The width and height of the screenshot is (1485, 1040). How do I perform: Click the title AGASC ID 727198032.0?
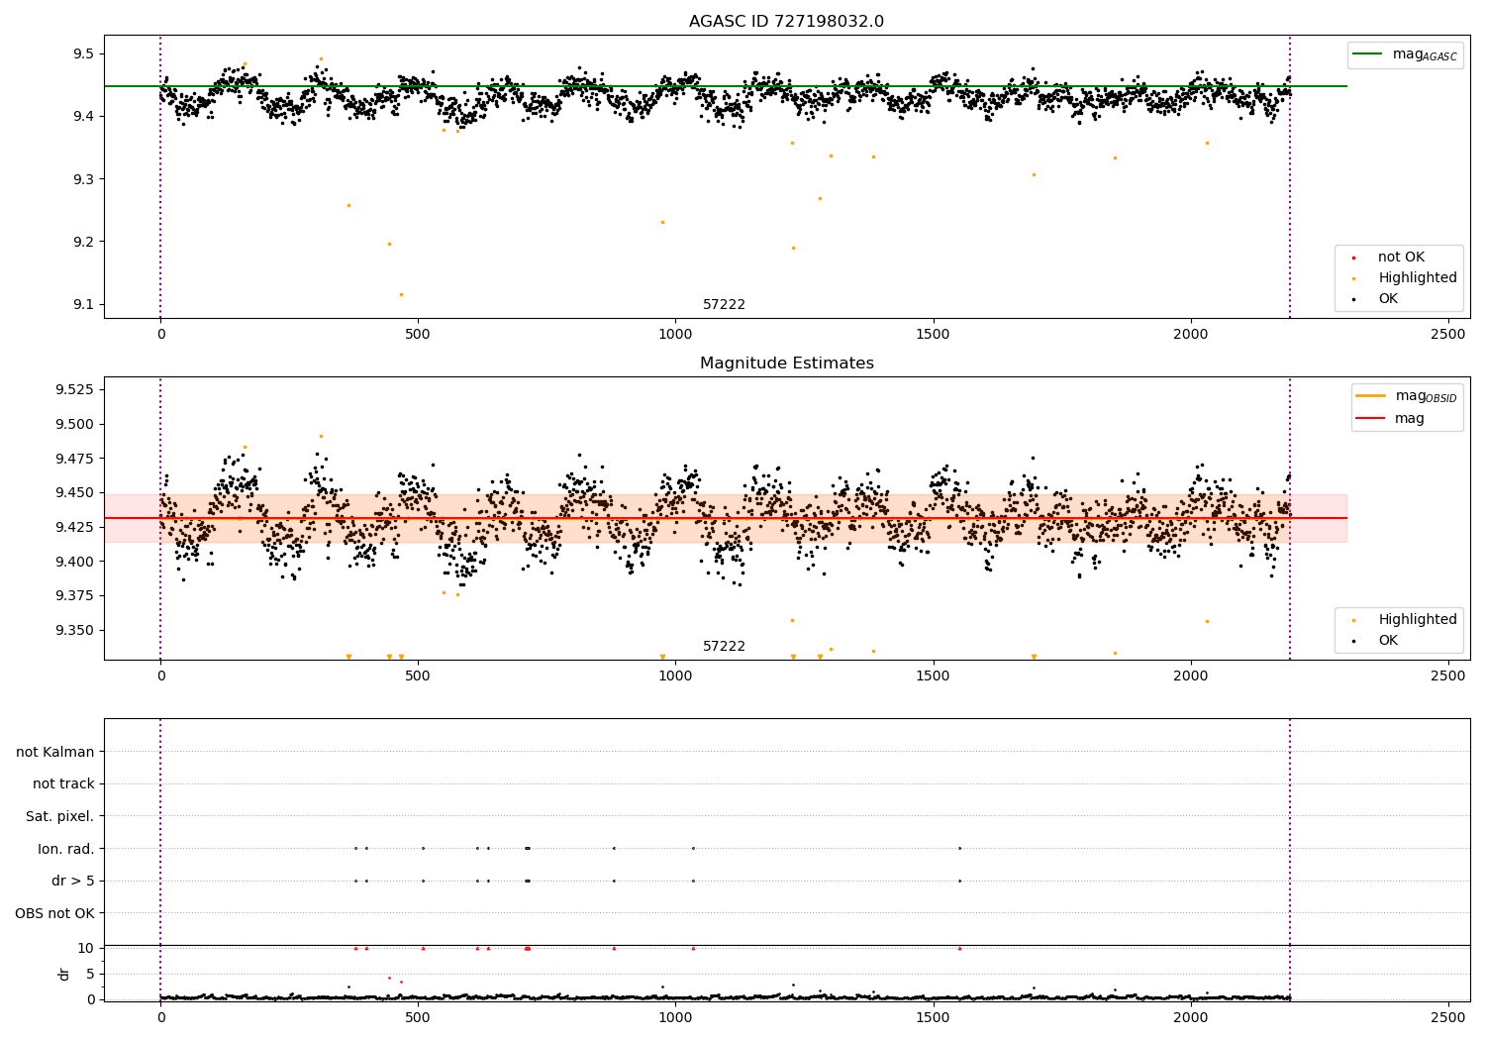[786, 22]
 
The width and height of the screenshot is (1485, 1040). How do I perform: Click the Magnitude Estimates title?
[786, 364]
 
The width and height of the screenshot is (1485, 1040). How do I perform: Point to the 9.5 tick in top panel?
[81, 53]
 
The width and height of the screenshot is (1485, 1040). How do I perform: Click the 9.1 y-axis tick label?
[81, 304]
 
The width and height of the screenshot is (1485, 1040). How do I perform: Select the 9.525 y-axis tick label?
[73, 389]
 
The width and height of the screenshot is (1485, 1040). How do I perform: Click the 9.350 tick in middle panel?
[73, 630]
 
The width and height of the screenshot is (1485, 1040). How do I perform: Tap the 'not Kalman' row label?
[55, 752]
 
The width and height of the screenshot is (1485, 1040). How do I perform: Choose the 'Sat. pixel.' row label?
[59, 816]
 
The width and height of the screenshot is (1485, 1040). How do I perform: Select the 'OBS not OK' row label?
[54, 913]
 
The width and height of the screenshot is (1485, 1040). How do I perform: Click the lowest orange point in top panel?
[401, 294]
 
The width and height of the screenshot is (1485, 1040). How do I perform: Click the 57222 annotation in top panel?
[724, 305]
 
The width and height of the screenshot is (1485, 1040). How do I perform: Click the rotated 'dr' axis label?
[64, 974]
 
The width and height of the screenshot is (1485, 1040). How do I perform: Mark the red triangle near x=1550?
[959, 948]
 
